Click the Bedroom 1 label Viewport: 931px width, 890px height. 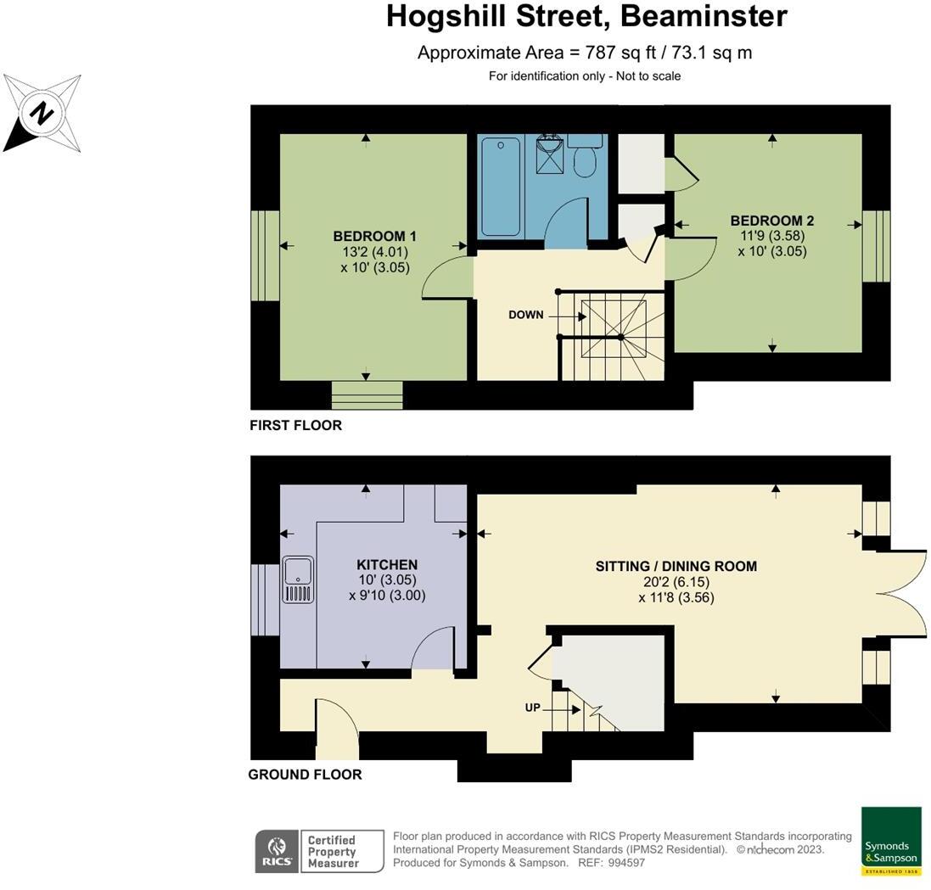coord(374,237)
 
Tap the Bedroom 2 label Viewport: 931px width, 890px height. coord(771,221)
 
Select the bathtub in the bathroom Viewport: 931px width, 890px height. coord(500,187)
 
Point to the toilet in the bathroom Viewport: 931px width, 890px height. coord(584,160)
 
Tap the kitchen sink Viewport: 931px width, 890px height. coord(298,579)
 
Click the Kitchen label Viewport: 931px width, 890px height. coord(386,565)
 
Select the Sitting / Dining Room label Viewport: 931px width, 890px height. coord(676,566)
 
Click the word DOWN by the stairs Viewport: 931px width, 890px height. coord(525,315)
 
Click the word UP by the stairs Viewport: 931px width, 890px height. coord(532,707)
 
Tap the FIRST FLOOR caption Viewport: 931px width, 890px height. coord(295,425)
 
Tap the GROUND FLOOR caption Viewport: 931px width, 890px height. coord(305,775)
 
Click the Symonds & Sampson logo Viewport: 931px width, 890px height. coord(891,841)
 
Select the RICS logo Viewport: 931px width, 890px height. coord(276,851)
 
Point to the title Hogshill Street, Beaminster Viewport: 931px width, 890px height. coord(586,16)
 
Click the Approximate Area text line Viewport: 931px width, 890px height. coord(585,53)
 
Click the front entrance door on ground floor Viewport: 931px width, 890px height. coord(337,730)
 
